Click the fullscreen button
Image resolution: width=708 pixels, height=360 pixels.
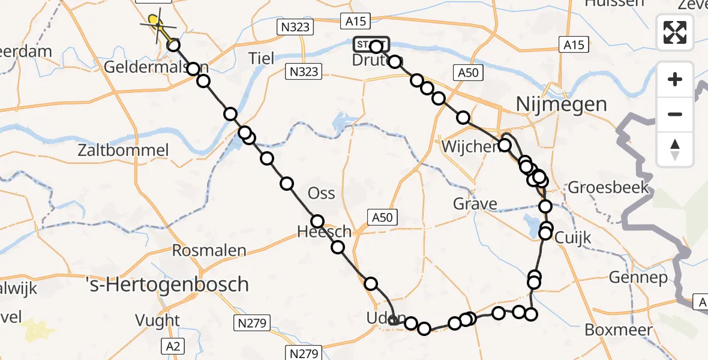click(675, 32)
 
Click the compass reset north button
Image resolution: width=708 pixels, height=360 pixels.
click(675, 149)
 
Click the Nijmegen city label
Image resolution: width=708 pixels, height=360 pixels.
click(561, 105)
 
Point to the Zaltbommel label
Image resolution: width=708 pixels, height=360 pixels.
click(123, 151)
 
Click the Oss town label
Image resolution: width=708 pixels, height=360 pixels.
click(321, 194)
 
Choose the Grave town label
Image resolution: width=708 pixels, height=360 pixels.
click(475, 205)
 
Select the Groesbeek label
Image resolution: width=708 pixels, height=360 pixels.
click(608, 187)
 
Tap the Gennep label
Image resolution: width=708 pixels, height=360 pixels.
click(638, 277)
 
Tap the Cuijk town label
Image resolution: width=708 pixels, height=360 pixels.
click(572, 238)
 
